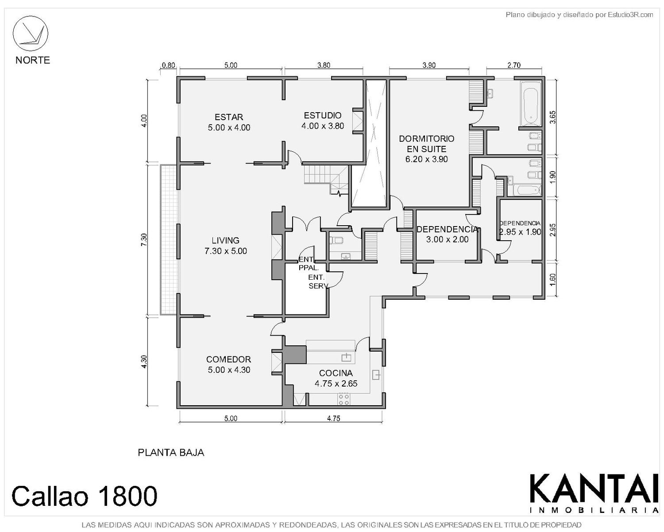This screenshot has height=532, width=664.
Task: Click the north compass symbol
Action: [30, 33]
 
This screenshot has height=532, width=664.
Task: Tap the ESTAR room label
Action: [229, 122]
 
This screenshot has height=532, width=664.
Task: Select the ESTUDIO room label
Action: [322, 121]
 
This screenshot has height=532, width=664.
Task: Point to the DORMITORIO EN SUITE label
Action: [426, 149]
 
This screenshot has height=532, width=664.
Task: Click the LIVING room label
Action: [226, 246]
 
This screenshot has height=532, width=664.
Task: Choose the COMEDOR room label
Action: [228, 364]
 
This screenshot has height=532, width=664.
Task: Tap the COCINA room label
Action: [336, 378]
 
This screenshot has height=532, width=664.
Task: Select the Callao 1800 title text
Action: [84, 496]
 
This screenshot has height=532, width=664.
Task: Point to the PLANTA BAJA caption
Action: [171, 453]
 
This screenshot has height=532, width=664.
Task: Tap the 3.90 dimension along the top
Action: [429, 65]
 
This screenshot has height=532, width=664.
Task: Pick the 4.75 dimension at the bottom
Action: [333, 419]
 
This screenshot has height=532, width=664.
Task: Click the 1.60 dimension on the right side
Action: [552, 280]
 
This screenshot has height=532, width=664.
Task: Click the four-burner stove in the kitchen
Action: [344, 399]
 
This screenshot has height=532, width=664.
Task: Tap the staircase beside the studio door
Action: [326, 179]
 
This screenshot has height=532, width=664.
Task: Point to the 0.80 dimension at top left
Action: [169, 66]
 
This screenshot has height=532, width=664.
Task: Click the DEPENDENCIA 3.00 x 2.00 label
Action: [447, 234]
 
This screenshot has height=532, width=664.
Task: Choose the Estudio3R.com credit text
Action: [579, 15]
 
